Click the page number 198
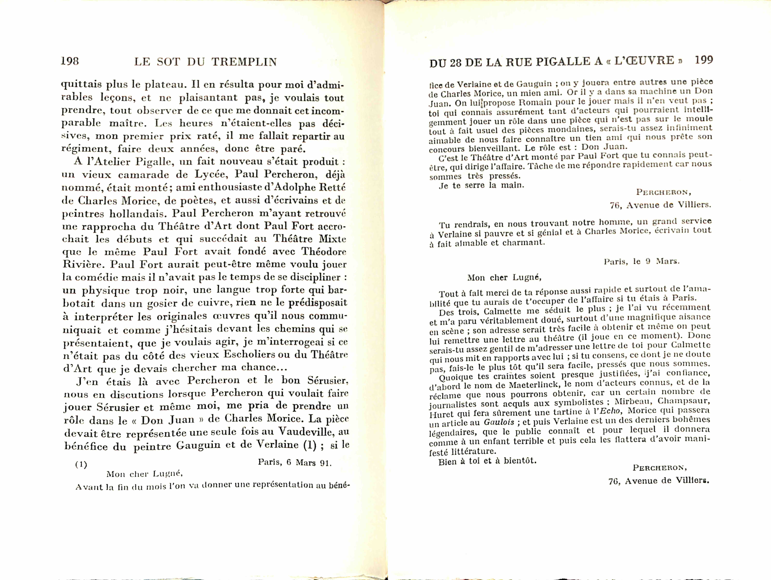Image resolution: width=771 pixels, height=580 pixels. [x=70, y=61]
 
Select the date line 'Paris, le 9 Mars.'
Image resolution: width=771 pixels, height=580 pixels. [x=641, y=261]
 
